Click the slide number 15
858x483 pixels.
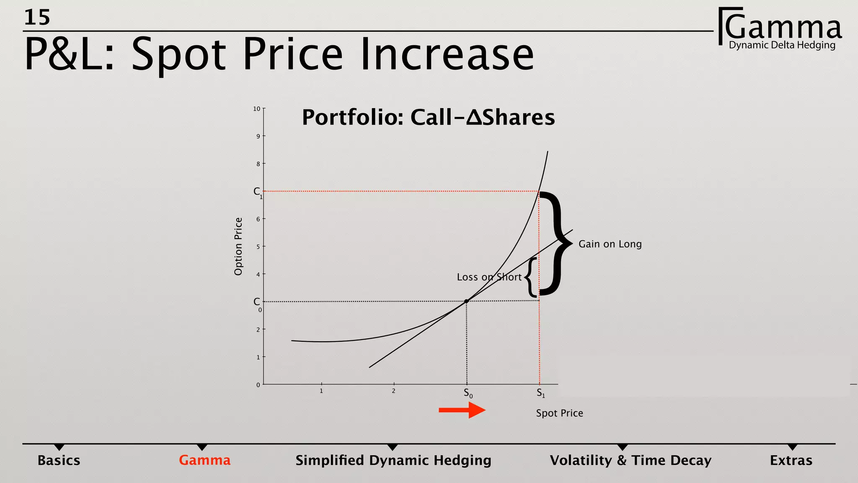pos(37,18)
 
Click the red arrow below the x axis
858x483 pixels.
pos(462,410)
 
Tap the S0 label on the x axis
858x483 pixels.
pos(468,394)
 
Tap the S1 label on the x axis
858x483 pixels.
pos(541,394)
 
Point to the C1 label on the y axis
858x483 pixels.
pos(258,192)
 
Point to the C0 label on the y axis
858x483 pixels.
pos(258,303)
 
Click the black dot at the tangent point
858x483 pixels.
pos(466,301)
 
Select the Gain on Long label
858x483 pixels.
pos(610,244)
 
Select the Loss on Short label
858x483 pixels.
pos(489,277)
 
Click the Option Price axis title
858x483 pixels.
pos(238,247)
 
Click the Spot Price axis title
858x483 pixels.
pos(559,413)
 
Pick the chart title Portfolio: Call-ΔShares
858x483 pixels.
pos(428,117)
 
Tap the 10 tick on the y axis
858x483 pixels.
pos(256,109)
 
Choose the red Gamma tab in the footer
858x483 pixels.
pos(204,460)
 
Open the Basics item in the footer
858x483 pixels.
pos(59,460)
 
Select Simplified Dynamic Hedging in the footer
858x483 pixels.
pos(393,460)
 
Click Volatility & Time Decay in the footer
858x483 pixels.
pos(631,460)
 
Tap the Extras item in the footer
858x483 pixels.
pos(791,460)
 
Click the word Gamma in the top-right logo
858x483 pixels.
pos(783,27)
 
